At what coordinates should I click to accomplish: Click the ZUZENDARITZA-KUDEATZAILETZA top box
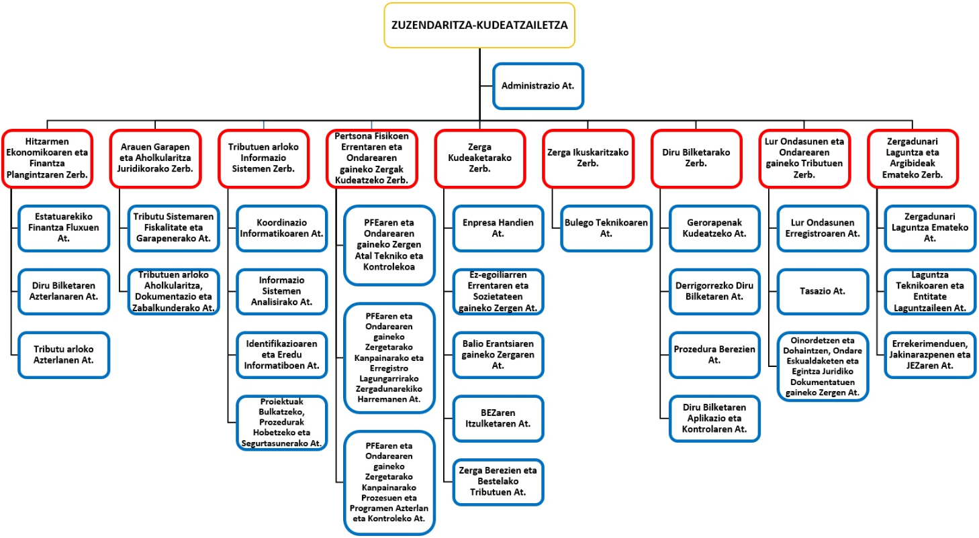(479, 25)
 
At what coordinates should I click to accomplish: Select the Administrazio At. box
(538, 86)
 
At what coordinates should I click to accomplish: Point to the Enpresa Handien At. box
(498, 228)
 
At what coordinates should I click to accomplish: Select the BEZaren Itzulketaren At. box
(498, 419)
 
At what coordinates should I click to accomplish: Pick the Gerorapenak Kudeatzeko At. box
(715, 228)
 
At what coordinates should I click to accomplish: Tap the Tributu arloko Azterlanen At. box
(64, 355)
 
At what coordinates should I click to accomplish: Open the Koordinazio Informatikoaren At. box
(281, 228)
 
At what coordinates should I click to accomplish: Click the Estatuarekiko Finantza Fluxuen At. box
(64, 228)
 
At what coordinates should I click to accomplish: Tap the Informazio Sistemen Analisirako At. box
(281, 292)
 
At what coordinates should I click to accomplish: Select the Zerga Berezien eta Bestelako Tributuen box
(498, 482)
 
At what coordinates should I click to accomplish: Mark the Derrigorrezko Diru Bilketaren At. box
(715, 292)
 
